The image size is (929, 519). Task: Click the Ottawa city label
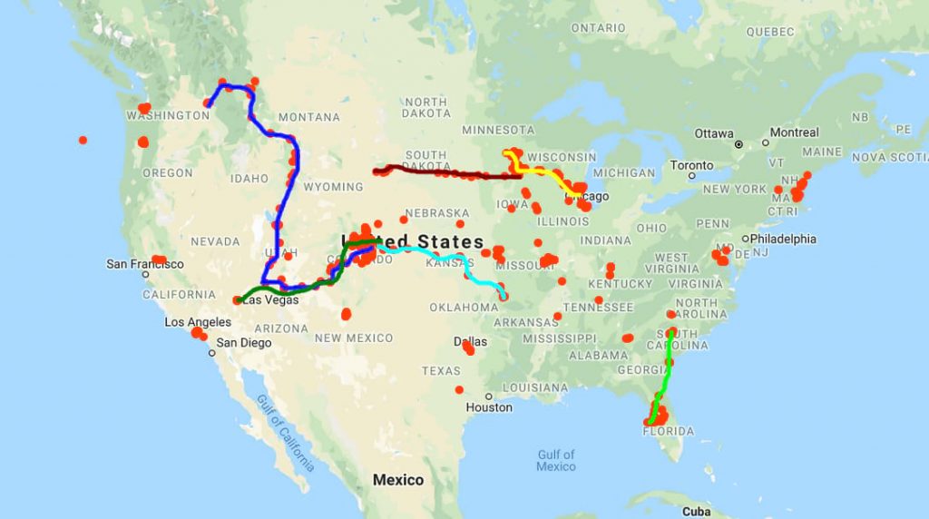pos(714,133)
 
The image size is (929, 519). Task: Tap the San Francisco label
pos(145,264)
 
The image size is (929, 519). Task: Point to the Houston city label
pos(489,407)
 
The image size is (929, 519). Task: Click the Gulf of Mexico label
pos(555,460)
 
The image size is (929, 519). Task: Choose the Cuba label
pos(697,511)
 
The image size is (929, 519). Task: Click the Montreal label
pos(794,132)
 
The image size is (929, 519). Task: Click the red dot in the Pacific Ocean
pos(83,140)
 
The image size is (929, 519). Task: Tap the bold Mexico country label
pos(399,479)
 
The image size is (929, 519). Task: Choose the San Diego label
pos(244,343)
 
